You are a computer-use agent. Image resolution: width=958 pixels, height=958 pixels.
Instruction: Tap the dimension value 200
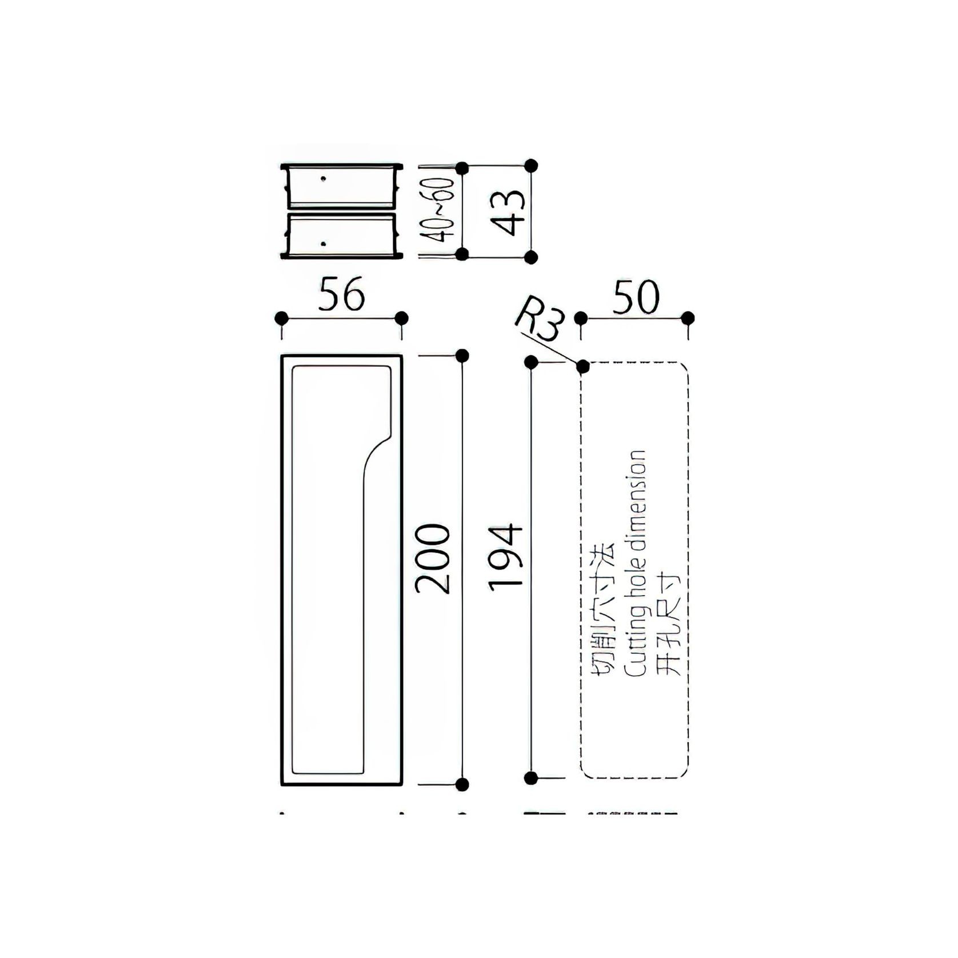point(433,558)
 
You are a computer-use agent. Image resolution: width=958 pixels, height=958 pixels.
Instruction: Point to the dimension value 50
point(635,297)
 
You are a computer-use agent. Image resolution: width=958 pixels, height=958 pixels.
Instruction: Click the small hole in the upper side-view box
point(324,179)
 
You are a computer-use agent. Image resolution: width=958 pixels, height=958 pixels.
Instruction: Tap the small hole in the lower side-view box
point(324,244)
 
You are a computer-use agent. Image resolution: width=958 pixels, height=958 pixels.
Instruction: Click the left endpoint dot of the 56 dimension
point(281,318)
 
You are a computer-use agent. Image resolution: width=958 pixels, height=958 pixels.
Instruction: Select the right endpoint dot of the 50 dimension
point(688,318)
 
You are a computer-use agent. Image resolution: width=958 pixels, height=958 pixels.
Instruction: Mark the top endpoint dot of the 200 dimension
point(462,356)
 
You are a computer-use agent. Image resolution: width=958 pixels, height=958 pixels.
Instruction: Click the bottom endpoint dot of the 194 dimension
point(531,777)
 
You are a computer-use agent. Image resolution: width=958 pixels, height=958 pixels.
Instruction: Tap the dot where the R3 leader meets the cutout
point(582,366)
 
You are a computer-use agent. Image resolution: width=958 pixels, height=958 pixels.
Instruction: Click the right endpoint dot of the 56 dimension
point(402,318)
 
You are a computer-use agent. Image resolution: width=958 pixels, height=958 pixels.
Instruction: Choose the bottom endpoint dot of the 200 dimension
point(462,784)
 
